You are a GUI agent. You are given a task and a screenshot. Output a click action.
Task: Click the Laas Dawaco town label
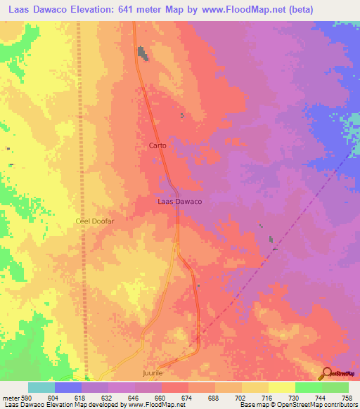[x=179, y=202]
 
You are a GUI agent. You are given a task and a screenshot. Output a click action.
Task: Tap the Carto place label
[x=157, y=146]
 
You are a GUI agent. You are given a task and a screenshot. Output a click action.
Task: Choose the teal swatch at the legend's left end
[x=41, y=387]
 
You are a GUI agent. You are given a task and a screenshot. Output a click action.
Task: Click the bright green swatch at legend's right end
[x=335, y=387]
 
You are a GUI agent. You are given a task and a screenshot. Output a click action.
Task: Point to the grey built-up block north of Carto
[x=143, y=53]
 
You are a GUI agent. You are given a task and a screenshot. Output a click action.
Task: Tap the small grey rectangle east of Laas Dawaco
[x=272, y=240]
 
